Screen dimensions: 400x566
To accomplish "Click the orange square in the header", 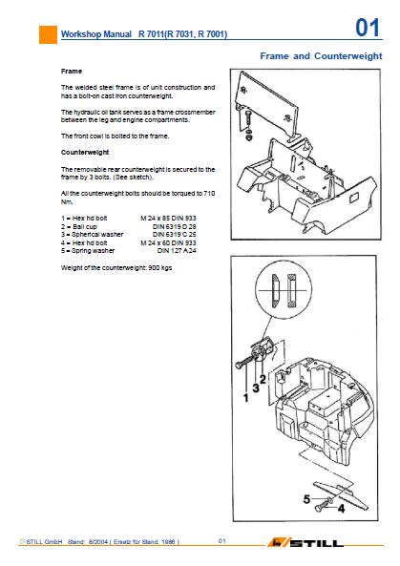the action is [x=48, y=34].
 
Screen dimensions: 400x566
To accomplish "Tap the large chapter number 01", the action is [x=368, y=28].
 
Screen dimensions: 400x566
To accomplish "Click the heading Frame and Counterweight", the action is [x=321, y=56].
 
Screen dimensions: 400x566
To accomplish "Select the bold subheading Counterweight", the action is [x=85, y=153].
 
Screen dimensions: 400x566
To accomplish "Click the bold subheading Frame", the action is [x=72, y=72].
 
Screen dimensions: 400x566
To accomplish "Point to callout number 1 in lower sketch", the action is [x=246, y=398].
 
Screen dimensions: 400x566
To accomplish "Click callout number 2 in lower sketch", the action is [x=263, y=379].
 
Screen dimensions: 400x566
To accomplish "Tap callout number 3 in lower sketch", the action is [x=256, y=388].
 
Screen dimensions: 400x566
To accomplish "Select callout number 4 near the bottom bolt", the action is [x=341, y=508].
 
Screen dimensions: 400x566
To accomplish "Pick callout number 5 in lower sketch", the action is [x=306, y=499].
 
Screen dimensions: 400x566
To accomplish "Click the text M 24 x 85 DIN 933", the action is [x=168, y=218].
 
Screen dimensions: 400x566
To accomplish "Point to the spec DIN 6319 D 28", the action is [x=175, y=227].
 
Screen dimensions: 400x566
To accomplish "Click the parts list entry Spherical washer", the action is [x=97, y=234].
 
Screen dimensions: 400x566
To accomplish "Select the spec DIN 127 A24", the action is [x=177, y=250].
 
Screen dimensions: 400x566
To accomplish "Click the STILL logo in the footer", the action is [x=305, y=542].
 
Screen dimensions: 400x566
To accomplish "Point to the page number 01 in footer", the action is [x=222, y=541].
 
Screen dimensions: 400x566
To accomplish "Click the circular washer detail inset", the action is [x=284, y=290].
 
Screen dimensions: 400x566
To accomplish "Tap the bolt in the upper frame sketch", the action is [x=249, y=118].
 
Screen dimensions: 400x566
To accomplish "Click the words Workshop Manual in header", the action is [x=96, y=34].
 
